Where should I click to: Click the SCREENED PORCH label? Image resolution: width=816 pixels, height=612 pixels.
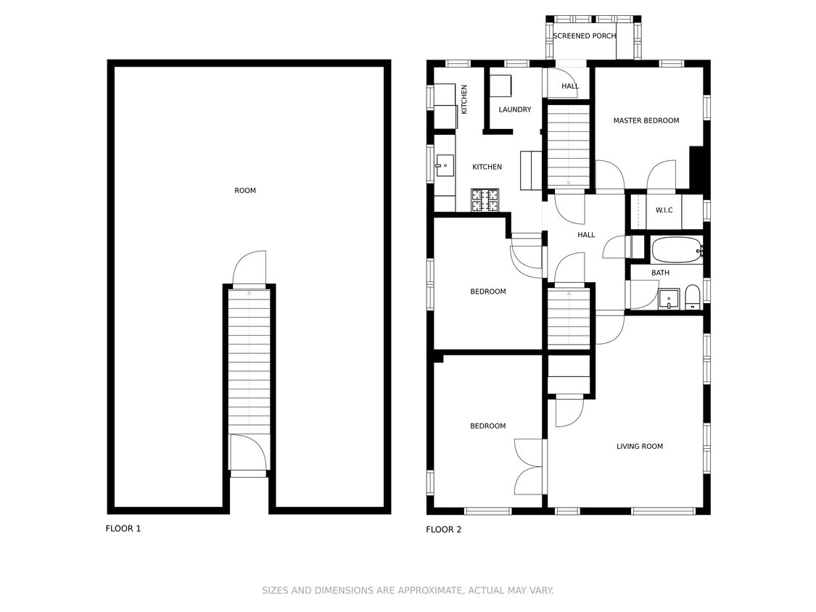pyautogui.click(x=584, y=36)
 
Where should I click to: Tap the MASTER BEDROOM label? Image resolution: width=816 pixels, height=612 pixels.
pyautogui.click(x=646, y=120)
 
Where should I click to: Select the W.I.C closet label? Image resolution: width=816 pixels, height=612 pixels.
pyautogui.click(x=664, y=210)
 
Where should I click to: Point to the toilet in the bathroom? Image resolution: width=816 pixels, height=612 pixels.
pyautogui.click(x=692, y=297)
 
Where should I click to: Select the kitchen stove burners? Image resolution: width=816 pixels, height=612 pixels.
pyautogui.click(x=485, y=200)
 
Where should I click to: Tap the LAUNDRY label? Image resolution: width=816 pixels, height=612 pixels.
pyautogui.click(x=514, y=110)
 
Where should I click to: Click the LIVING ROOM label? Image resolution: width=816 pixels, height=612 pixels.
pyautogui.click(x=639, y=447)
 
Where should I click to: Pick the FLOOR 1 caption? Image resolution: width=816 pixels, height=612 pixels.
pyautogui.click(x=123, y=529)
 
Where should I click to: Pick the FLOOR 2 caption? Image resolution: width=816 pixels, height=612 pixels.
pyautogui.click(x=443, y=530)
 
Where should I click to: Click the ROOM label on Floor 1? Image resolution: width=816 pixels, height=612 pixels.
pyautogui.click(x=245, y=191)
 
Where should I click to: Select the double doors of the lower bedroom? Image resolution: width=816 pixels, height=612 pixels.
pyautogui.click(x=529, y=466)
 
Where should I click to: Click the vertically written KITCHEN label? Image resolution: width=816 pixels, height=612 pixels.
pyautogui.click(x=464, y=99)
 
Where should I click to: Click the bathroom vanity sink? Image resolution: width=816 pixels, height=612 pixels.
pyautogui.click(x=668, y=299)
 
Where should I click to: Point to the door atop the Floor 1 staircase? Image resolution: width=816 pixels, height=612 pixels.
pyautogui.click(x=250, y=268)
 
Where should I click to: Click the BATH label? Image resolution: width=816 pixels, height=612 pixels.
pyautogui.click(x=660, y=273)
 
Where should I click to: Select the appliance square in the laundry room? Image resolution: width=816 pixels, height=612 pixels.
pyautogui.click(x=500, y=85)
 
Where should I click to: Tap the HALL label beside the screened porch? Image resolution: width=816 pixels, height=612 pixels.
pyautogui.click(x=570, y=86)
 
